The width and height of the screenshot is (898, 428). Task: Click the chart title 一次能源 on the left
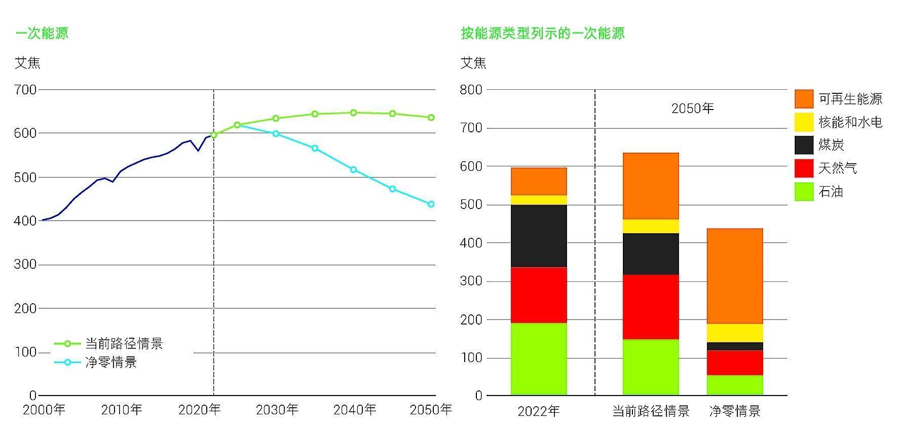[42, 33]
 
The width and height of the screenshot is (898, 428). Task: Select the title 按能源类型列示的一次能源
[542, 33]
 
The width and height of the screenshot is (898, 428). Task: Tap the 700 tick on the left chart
[25, 90]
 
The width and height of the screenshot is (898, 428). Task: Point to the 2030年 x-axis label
[277, 410]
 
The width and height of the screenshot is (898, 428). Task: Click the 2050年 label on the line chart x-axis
[430, 410]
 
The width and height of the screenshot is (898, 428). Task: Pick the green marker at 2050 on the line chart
[431, 118]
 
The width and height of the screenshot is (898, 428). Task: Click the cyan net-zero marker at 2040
[353, 169]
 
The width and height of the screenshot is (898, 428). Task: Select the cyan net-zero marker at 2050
[431, 204]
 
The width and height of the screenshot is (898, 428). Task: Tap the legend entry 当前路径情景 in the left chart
[124, 344]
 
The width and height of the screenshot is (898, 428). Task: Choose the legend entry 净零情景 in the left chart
[110, 363]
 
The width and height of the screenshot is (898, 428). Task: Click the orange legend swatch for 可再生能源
[804, 99]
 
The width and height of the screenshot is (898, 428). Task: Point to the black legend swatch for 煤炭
[804, 146]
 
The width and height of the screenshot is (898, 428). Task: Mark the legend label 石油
[830, 192]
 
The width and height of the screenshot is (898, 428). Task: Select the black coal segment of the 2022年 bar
[539, 236]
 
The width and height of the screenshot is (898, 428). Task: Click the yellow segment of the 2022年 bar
[539, 200]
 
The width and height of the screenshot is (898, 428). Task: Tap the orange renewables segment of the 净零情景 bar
[734, 276]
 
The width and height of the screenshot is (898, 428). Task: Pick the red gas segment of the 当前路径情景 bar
[650, 307]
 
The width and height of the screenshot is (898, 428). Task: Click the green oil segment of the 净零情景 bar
[734, 385]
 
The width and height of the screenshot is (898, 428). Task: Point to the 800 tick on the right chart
[471, 90]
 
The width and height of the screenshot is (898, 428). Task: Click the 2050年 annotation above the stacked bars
[692, 109]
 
